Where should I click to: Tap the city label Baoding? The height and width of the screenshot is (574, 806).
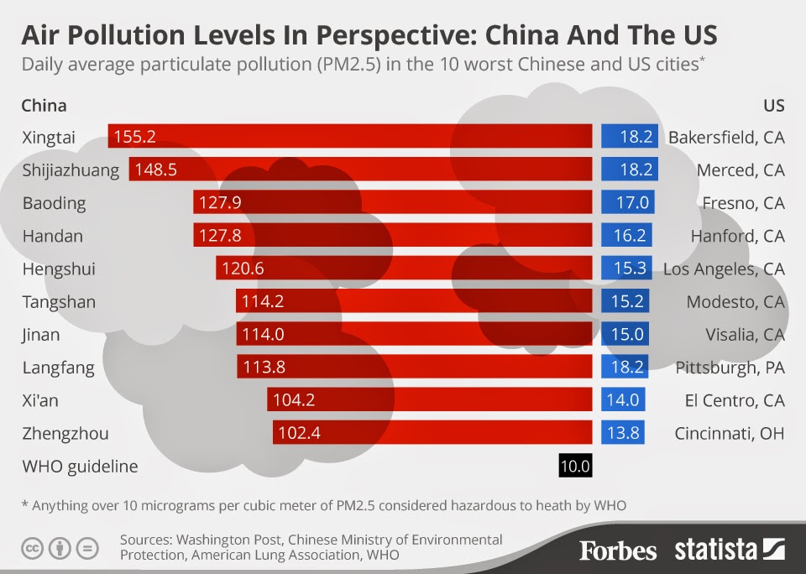(54, 203)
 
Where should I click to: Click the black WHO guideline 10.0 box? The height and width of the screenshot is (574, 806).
(575, 466)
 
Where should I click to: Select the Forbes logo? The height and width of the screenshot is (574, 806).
(618, 550)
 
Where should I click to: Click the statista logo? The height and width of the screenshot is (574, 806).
(729, 550)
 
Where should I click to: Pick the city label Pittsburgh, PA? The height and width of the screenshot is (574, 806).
(730, 368)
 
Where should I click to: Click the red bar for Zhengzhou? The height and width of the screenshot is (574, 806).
(432, 433)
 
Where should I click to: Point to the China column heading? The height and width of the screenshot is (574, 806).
(44, 106)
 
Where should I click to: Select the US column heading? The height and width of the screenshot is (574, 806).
(773, 106)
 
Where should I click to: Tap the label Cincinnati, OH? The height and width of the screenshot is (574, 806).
(729, 434)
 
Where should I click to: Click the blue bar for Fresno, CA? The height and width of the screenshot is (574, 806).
(627, 203)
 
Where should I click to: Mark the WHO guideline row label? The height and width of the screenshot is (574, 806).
(80, 467)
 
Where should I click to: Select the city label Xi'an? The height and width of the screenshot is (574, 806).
(40, 400)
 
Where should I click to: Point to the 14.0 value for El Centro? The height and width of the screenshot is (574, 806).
(623, 400)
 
